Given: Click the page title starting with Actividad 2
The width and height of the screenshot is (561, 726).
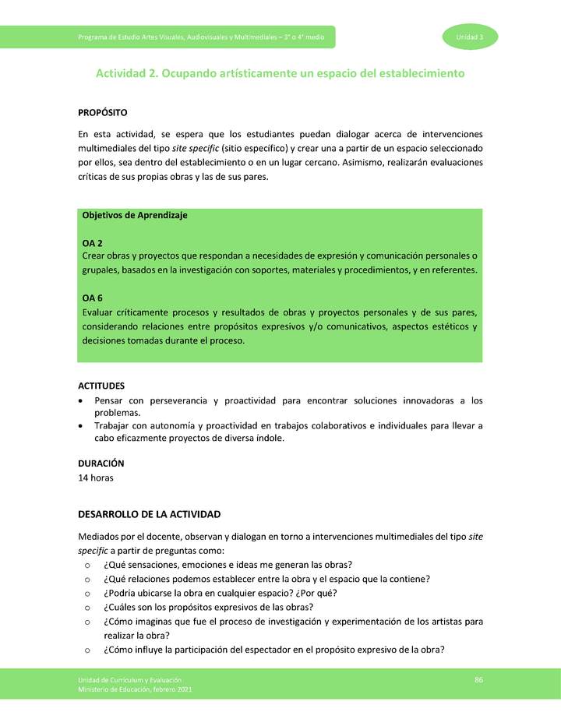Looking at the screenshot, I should pos(280,73).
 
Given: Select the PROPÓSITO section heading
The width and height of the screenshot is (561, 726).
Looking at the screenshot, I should pos(103,114).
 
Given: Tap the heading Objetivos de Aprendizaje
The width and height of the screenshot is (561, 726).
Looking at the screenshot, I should pos(135,215).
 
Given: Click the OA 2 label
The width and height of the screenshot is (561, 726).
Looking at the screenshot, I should pos(93,243).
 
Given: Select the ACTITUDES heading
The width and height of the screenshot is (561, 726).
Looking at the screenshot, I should pos(101,386).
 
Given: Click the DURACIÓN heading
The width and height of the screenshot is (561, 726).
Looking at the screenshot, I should pos(101,463).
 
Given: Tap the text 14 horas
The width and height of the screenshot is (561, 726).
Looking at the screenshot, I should pos(96,478).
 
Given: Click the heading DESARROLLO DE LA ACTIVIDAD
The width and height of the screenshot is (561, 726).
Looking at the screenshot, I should pos(150,514).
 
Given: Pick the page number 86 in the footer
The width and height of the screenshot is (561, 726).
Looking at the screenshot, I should pos(478,681).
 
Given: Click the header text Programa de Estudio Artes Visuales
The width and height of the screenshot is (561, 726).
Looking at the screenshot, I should pos(206,37).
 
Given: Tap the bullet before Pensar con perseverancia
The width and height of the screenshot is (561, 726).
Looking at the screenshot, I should pos(82,401).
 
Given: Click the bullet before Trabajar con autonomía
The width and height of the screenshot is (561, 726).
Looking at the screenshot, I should pos(82,426).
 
